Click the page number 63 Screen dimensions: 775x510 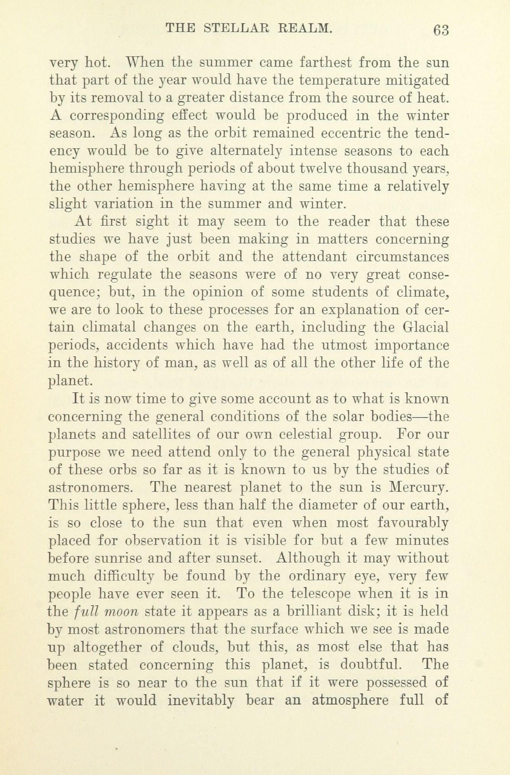tap(441, 30)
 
